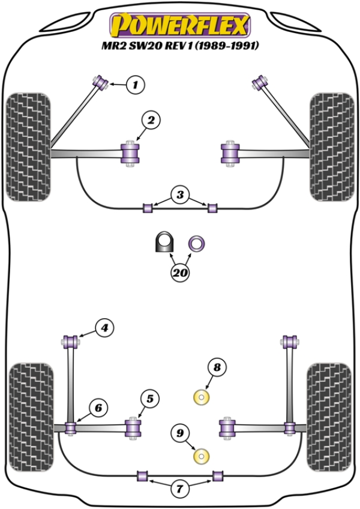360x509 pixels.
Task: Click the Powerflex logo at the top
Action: click(x=179, y=25)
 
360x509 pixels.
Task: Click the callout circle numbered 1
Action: click(x=136, y=85)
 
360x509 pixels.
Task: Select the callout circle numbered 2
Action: click(x=150, y=121)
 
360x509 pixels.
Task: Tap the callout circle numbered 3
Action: click(x=179, y=194)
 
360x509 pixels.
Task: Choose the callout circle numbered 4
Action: click(x=104, y=328)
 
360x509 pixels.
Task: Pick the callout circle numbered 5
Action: click(x=149, y=397)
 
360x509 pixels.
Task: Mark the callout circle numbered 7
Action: click(x=179, y=489)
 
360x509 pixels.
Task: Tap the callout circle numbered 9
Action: click(x=179, y=431)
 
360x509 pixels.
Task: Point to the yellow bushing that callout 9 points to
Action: click(x=202, y=457)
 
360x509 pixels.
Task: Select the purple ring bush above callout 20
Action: click(x=196, y=244)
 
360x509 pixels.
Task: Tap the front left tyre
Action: click(x=28, y=146)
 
